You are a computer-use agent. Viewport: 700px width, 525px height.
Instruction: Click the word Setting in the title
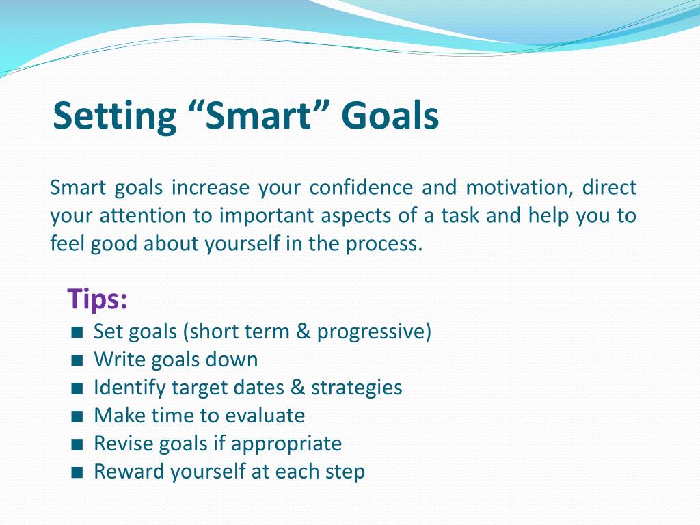pyautogui.click(x=115, y=116)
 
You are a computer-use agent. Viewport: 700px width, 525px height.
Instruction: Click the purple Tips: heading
pyautogui.click(x=97, y=299)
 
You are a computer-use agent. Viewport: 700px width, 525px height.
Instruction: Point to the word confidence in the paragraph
pyautogui.click(x=361, y=187)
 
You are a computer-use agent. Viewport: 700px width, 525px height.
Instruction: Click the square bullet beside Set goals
pyautogui.click(x=77, y=333)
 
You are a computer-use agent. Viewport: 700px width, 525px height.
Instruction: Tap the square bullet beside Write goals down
pyautogui.click(x=77, y=360)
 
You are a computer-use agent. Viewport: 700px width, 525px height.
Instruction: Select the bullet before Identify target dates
pyautogui.click(x=77, y=388)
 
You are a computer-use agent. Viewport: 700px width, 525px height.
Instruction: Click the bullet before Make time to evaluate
pyautogui.click(x=77, y=416)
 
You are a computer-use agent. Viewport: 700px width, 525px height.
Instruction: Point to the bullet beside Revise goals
pyautogui.click(x=77, y=444)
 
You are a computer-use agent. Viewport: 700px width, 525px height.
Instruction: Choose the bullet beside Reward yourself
pyautogui.click(x=77, y=472)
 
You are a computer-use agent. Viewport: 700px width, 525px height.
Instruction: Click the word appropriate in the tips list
pyautogui.click(x=286, y=444)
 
